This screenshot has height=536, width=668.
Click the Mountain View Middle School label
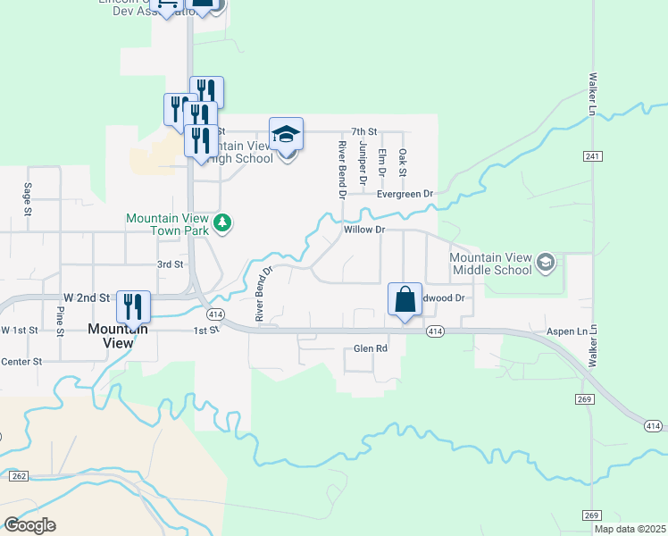click(490, 264)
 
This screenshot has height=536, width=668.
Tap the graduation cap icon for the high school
click(286, 135)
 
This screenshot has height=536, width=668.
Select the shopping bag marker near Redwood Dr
click(405, 299)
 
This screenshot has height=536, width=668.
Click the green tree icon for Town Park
click(222, 222)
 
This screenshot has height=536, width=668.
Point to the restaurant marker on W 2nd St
click(133, 306)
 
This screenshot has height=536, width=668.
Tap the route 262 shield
click(19, 476)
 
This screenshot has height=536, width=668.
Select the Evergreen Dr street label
click(404, 193)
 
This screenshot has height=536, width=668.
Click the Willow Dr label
click(363, 230)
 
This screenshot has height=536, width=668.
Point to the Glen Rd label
click(371, 348)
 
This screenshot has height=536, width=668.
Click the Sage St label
click(28, 200)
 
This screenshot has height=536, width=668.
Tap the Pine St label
click(61, 322)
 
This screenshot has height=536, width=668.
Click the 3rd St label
click(170, 264)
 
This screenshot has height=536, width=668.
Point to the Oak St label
click(403, 163)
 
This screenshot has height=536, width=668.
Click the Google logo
click(29, 525)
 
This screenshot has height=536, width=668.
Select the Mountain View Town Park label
click(167, 223)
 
